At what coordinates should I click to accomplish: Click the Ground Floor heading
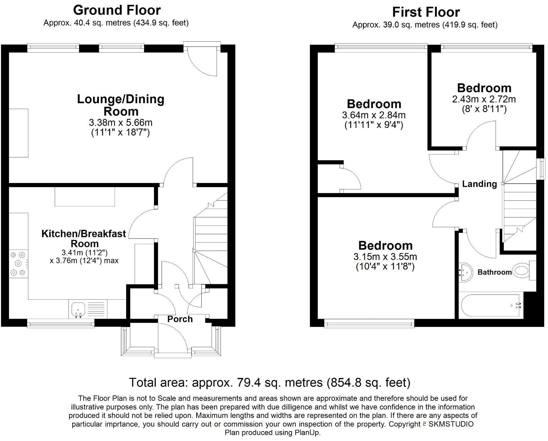point(117,10)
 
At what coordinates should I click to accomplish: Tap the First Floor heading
point(426,12)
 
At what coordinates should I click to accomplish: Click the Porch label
point(180,319)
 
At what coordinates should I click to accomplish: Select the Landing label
point(479,184)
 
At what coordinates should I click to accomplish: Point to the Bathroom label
point(495,272)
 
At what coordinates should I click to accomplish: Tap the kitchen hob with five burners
point(18,264)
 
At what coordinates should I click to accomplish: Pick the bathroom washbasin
point(465,272)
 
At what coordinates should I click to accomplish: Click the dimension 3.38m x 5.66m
point(120,122)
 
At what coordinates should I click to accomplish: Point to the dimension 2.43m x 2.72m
point(484,99)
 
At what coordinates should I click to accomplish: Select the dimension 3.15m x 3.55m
point(385,256)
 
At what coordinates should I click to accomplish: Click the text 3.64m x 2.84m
point(374,115)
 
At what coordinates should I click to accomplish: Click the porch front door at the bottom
point(173,337)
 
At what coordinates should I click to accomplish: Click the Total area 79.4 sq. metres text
point(270,382)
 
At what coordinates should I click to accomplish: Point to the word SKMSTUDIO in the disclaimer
point(451,424)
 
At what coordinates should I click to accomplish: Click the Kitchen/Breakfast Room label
point(84,238)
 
